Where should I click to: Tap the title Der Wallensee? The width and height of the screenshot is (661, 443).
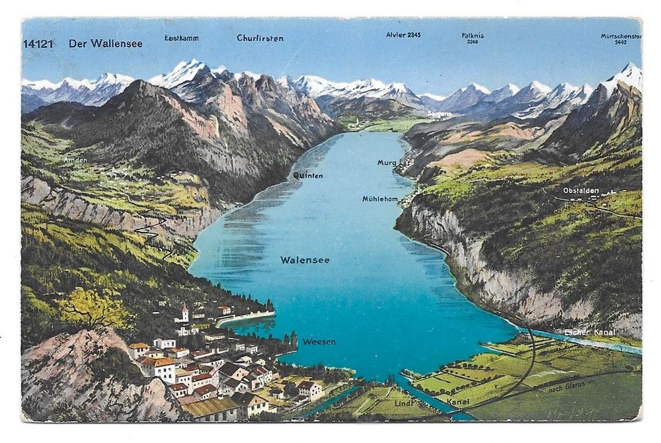click(x=105, y=44)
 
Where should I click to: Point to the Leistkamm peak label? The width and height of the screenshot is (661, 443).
click(x=181, y=38)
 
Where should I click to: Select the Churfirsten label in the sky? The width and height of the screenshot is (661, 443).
click(x=260, y=38)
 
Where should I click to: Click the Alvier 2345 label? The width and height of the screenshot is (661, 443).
click(x=403, y=34)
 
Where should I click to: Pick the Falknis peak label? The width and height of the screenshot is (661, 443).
click(x=472, y=35)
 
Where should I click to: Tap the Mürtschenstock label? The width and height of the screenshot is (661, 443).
click(x=620, y=36)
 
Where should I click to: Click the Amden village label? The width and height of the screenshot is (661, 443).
click(x=75, y=160)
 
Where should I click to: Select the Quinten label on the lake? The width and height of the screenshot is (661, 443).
click(x=308, y=175)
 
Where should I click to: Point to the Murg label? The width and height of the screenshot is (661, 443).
click(x=387, y=163)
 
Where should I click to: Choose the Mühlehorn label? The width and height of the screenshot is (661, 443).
click(x=379, y=198)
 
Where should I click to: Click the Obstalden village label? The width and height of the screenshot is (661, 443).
click(x=581, y=190)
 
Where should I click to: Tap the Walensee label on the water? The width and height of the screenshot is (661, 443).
click(x=305, y=260)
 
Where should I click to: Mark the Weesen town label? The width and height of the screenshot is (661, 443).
click(x=319, y=341)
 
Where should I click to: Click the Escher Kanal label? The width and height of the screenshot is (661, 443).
click(x=590, y=332)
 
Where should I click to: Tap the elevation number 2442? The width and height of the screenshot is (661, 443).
click(x=620, y=42)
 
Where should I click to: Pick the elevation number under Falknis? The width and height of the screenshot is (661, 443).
click(x=472, y=42)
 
